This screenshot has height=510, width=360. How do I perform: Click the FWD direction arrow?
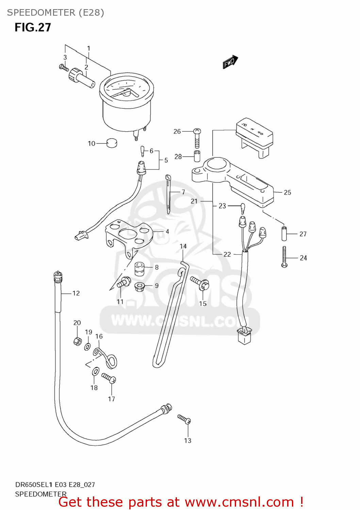coord(230,62)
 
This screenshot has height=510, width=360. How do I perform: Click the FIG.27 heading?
coord(33,28)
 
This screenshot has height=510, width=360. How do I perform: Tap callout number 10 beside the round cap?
coord(92,143)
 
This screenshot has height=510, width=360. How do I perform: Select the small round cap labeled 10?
coord(112,143)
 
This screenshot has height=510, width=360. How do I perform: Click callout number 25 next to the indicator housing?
coord(287,192)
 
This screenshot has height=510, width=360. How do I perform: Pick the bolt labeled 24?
coord(284,257)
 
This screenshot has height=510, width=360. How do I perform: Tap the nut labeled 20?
coord(78,341)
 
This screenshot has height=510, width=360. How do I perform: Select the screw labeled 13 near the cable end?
coord(184,419)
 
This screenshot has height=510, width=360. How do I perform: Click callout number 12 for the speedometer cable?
coord(76,293)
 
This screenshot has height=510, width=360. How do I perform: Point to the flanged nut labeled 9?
coord(139,286)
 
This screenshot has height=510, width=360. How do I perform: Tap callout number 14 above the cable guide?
coord(183,246)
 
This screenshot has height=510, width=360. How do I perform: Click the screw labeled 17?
coord(109,378)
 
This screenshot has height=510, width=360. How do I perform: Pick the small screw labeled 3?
coord(64,68)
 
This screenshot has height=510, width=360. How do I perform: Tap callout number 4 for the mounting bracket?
coord(167,232)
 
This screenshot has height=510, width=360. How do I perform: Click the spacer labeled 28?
coord(197,156)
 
